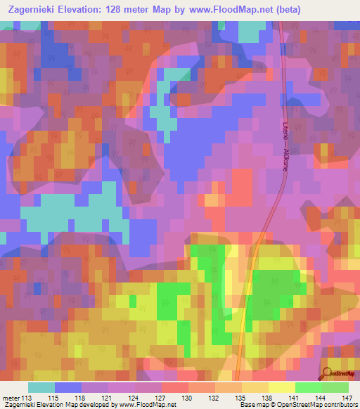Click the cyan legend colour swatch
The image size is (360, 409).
[x=41, y=388]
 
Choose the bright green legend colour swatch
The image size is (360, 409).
[x=309, y=388]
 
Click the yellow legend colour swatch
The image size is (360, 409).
[x=282, y=388]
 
